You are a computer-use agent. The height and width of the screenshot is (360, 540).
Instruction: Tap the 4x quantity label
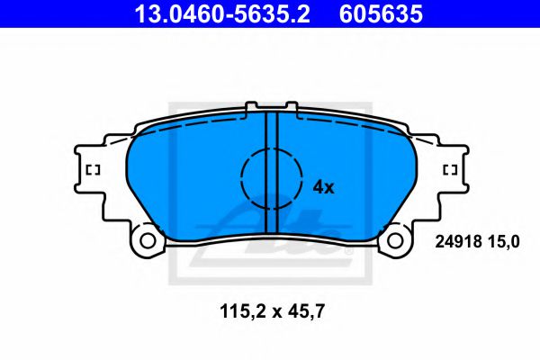point(322,187)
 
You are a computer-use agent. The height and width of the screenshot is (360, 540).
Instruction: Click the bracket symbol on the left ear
point(92,170)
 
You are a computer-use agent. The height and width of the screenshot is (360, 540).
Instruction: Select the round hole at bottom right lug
point(395,240)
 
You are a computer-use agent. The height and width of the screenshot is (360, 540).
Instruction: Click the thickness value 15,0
point(506,240)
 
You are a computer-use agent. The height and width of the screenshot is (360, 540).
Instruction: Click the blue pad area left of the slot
point(189,180)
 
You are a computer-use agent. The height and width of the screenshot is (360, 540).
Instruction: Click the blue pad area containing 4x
point(351,180)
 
